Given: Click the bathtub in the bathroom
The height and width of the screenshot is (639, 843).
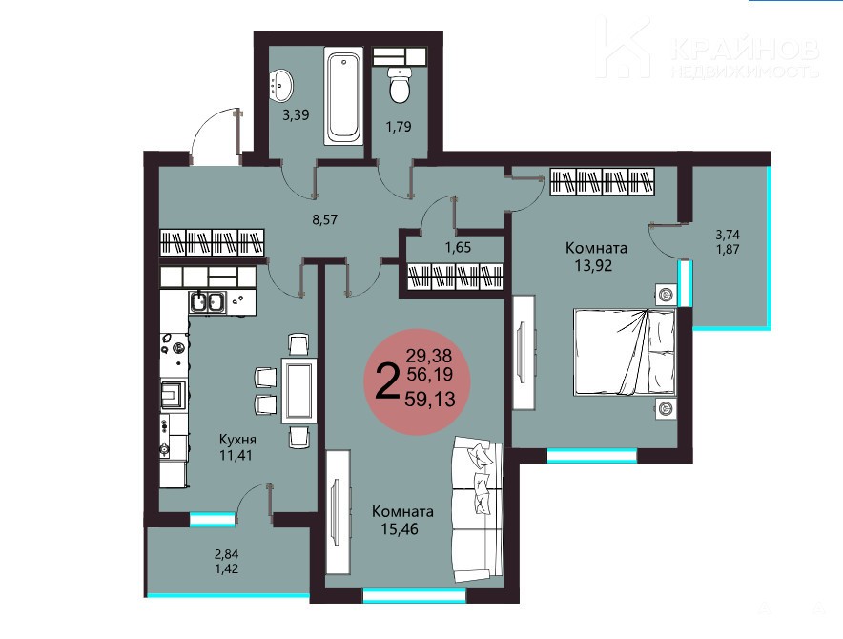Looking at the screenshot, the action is click(x=343, y=95).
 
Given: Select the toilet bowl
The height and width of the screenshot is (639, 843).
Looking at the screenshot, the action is click(x=400, y=85).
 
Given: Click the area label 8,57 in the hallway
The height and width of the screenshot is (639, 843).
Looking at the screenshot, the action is click(x=325, y=219).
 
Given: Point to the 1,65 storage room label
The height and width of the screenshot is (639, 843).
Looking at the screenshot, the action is click(x=458, y=247).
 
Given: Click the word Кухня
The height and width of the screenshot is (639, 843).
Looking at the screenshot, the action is click(x=237, y=440).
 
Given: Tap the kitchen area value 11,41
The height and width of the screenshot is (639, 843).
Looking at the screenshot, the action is click(x=236, y=456).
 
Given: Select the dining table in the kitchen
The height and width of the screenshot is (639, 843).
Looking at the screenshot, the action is click(x=298, y=391).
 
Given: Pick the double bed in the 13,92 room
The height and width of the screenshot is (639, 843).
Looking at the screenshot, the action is click(x=625, y=352).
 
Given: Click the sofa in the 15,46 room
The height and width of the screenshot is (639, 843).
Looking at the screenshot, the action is click(x=478, y=509).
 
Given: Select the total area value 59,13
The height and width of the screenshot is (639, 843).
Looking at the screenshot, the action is click(x=430, y=399).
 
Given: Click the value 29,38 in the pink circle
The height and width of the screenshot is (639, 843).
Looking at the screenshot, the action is click(x=428, y=355).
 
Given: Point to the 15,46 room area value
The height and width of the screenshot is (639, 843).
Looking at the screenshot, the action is click(x=400, y=528).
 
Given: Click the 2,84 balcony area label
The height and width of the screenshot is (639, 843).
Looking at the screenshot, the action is click(x=226, y=554).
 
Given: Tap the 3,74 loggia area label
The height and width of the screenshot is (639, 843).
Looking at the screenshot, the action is click(x=728, y=235).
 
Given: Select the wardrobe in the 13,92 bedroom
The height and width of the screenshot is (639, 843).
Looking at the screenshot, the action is click(x=603, y=181).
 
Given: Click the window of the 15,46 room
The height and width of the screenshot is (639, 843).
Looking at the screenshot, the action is click(x=415, y=595).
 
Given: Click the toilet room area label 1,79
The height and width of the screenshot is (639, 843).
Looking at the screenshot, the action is click(x=399, y=127).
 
